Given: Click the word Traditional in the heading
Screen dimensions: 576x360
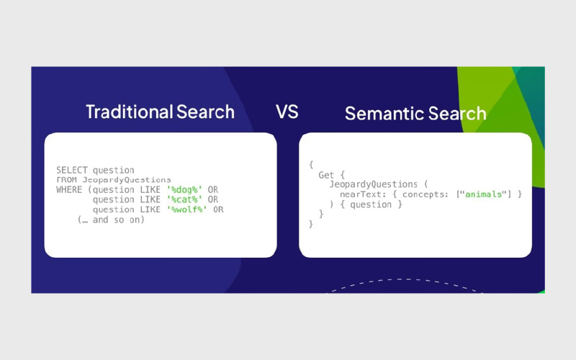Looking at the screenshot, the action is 130,112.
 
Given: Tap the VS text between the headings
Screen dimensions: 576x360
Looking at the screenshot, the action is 287,112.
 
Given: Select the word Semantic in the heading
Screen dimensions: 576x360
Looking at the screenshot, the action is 384,113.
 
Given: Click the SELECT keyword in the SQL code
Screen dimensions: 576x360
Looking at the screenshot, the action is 71,170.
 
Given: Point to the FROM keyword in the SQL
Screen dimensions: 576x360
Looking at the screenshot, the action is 66,179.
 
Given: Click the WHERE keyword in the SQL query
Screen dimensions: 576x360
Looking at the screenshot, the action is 69,189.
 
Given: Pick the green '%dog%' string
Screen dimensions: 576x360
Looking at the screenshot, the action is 184,190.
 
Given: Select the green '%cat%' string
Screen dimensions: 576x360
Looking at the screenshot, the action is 184,199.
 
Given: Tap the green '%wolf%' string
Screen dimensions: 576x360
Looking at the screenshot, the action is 187,210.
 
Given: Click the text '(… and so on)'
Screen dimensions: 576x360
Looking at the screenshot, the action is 111,220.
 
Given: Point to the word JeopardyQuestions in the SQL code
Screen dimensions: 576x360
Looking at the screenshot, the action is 127,180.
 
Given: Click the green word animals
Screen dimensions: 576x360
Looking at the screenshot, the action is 483,194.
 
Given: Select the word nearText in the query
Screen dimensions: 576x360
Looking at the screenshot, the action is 361,194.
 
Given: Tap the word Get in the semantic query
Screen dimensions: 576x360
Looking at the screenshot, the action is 326,175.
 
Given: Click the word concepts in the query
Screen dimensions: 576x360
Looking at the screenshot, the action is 423,194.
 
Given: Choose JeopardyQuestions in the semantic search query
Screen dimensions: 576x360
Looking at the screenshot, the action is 373,184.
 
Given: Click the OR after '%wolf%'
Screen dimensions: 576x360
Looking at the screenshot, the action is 218,210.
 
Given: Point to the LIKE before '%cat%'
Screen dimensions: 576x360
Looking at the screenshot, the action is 150,199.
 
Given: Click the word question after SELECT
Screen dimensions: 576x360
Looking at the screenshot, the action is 114,171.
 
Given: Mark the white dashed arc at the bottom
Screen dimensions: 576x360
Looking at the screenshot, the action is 405,279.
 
